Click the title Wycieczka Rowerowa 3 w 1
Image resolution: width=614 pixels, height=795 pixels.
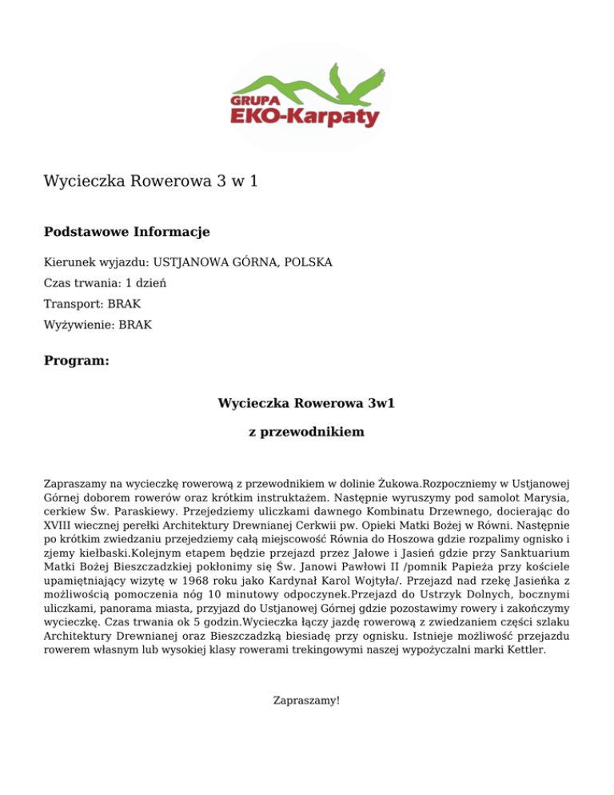click(x=150, y=182)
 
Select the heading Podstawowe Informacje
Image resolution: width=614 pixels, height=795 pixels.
click(x=126, y=232)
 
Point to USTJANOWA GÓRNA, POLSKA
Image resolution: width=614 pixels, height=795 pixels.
click(x=243, y=262)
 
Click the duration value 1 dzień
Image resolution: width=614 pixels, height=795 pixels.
click(x=146, y=283)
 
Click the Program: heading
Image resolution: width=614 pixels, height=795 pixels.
click(x=76, y=361)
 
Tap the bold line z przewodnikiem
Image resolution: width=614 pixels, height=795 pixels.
click(x=307, y=432)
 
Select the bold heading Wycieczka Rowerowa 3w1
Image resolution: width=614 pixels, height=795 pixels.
click(x=307, y=403)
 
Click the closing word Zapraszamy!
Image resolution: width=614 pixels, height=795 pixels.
click(x=307, y=700)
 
